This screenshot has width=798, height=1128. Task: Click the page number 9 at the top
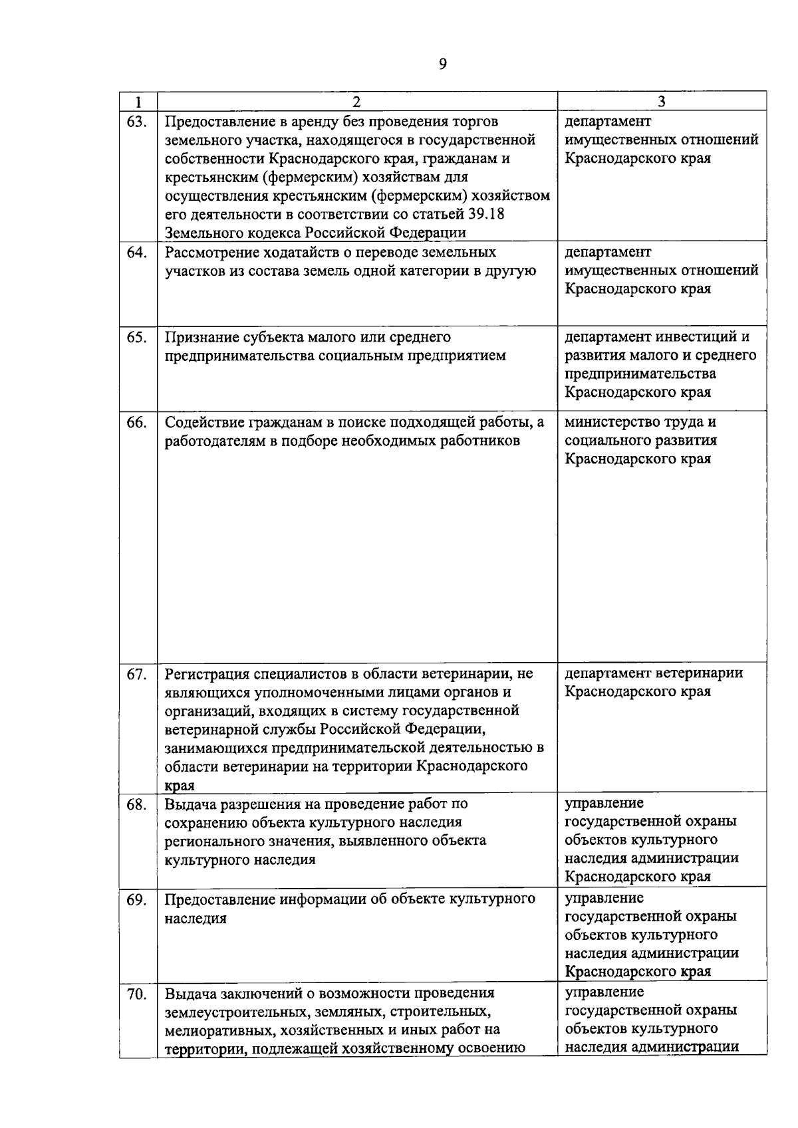(x=443, y=64)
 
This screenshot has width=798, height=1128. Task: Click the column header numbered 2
(x=357, y=102)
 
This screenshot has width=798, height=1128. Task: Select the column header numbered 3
(x=662, y=102)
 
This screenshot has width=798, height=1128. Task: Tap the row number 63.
(x=136, y=121)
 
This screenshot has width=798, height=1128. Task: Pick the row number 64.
(x=136, y=253)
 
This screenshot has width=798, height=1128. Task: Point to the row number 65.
(x=136, y=337)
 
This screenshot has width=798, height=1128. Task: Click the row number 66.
(x=136, y=422)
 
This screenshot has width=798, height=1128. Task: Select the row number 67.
(x=136, y=674)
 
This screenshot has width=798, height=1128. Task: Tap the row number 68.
(x=136, y=804)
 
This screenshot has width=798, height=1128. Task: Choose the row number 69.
(x=136, y=899)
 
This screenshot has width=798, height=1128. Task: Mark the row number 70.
(x=136, y=994)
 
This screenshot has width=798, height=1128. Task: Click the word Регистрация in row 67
(x=207, y=674)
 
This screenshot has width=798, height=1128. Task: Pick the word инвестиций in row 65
(x=696, y=336)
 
